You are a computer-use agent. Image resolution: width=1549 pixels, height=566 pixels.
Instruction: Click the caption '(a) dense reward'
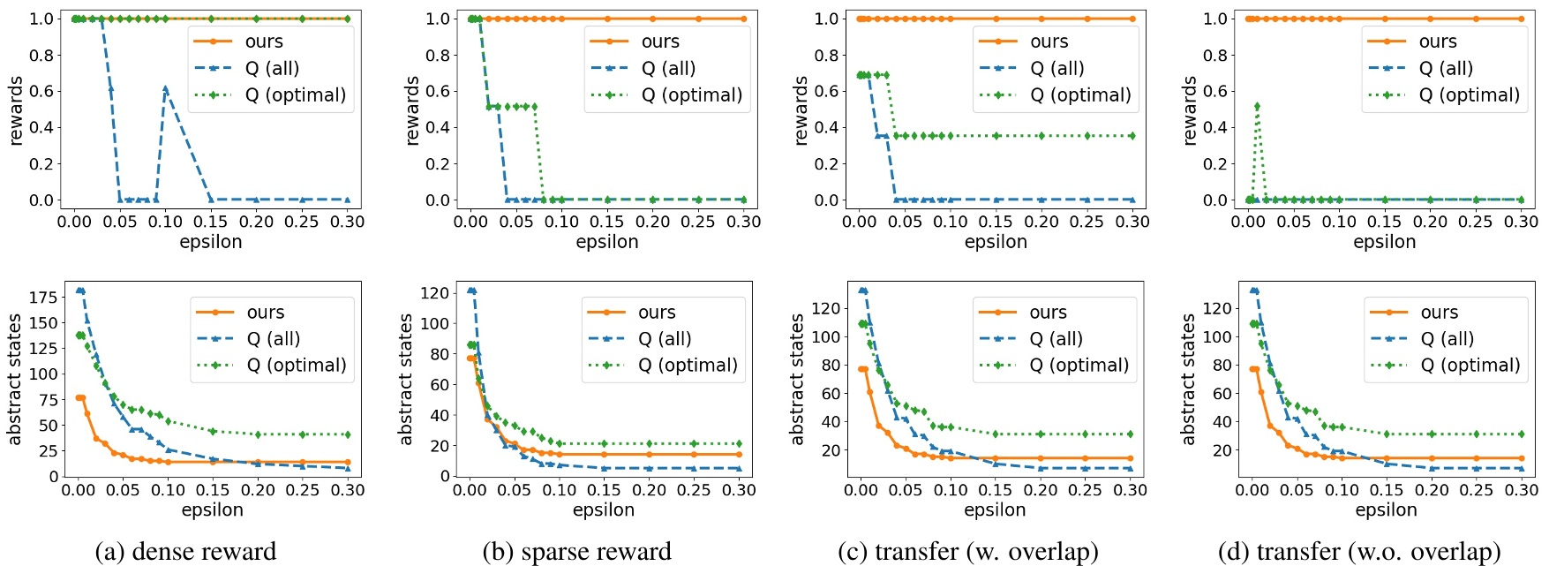click(x=185, y=551)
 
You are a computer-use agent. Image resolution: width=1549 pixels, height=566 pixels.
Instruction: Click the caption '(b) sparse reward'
click(x=576, y=551)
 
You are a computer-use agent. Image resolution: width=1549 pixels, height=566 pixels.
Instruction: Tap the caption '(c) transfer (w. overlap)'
click(x=967, y=551)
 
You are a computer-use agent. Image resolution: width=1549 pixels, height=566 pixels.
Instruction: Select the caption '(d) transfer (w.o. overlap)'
click(x=1358, y=551)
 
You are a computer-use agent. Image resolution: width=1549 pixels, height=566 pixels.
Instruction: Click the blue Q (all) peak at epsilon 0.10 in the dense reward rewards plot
click(x=165, y=89)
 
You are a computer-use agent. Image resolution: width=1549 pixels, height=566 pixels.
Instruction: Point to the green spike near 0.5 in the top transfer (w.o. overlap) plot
click(x=1257, y=106)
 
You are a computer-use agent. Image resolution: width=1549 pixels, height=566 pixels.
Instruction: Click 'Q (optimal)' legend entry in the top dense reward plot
click(x=295, y=94)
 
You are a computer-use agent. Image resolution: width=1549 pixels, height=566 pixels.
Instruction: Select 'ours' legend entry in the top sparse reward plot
click(x=660, y=42)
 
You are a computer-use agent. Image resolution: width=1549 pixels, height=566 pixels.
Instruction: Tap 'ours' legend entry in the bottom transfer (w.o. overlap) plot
click(x=1439, y=313)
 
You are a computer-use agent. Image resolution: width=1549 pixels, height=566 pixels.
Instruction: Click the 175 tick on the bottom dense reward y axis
click(x=43, y=297)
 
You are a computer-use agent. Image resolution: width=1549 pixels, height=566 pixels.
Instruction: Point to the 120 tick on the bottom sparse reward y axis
click(x=434, y=292)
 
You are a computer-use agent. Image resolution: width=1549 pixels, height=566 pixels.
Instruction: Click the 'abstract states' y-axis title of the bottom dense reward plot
click(x=14, y=379)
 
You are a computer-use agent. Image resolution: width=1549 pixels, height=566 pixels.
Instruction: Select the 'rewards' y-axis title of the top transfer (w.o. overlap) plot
click(x=1190, y=109)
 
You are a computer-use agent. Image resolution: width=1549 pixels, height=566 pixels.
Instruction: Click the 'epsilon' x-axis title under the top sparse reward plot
click(x=606, y=241)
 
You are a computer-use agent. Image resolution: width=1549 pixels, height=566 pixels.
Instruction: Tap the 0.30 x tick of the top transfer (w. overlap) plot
click(x=1132, y=221)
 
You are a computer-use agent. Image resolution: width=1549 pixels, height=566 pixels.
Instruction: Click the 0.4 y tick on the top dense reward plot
click(x=41, y=127)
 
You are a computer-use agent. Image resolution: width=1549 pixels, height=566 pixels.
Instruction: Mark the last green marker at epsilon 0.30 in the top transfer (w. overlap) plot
click(x=1132, y=136)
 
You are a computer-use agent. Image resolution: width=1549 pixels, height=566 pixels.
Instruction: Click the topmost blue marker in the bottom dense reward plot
click(x=80, y=290)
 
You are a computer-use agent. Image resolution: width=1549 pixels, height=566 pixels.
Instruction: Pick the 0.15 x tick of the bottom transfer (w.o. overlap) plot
click(x=1386, y=489)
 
